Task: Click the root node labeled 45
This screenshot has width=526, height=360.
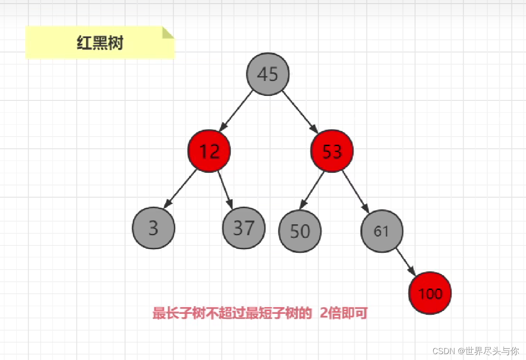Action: coord(268,74)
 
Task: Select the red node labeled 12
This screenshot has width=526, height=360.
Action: coord(209,151)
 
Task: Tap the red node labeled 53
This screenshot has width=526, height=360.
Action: coord(332,151)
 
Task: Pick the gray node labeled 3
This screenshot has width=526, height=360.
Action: coord(153,228)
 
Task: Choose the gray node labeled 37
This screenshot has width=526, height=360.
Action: coord(244,228)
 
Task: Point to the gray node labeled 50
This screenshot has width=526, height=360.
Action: coord(300,231)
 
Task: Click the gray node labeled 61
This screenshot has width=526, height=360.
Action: coord(381,231)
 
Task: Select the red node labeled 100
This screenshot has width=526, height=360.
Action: coord(430,293)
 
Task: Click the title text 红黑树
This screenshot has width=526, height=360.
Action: coord(100,43)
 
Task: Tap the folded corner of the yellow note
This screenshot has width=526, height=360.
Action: coord(168,32)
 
